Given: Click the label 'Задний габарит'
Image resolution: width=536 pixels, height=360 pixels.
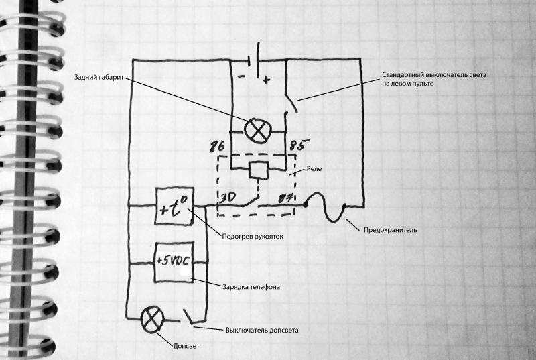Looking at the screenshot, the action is [x=98, y=77].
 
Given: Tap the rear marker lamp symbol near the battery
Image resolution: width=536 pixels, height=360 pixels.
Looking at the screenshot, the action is [x=258, y=131].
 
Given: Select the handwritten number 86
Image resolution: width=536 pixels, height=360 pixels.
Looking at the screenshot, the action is [x=217, y=146].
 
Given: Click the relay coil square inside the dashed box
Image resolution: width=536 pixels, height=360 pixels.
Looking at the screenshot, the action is [x=259, y=170].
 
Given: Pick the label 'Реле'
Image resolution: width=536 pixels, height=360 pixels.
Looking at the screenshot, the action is [x=314, y=168].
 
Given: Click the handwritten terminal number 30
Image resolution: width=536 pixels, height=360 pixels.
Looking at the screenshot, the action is [x=226, y=198].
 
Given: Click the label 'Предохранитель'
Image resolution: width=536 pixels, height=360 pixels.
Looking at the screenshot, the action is [x=391, y=230].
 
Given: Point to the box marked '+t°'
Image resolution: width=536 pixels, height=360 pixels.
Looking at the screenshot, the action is [x=174, y=206].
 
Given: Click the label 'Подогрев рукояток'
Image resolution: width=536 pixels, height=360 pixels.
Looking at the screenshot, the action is [x=253, y=236].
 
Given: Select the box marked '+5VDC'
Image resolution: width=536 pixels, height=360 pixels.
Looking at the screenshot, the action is [x=174, y=262].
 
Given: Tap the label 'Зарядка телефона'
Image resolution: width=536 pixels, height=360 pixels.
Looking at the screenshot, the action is [x=251, y=287].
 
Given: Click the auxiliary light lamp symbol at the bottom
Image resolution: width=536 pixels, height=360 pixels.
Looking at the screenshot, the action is [x=153, y=319].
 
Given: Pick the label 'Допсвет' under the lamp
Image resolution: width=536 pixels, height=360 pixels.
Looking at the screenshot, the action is [x=186, y=346].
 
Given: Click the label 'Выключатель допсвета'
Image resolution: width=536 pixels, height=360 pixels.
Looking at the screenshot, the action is [x=262, y=331].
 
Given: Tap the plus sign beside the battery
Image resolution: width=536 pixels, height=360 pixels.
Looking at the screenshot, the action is [x=266, y=80].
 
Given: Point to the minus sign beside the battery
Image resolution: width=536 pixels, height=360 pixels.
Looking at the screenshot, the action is [x=241, y=76].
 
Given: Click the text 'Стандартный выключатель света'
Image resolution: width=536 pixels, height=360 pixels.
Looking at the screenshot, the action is [x=433, y=75].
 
